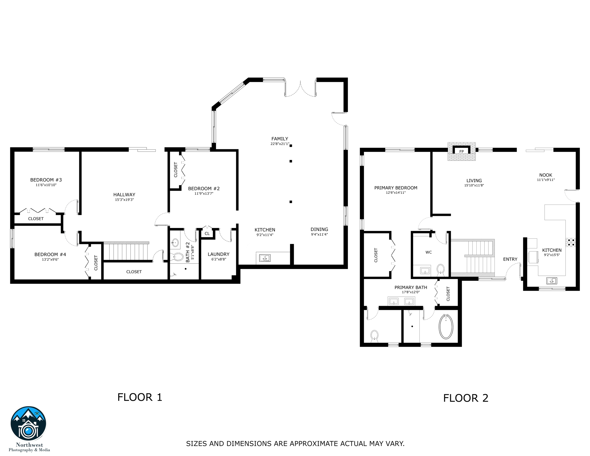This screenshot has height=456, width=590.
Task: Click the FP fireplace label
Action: click(461, 151)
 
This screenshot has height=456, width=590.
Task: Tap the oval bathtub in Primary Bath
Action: click(446, 327)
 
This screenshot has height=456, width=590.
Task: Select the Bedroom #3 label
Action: click(46, 180)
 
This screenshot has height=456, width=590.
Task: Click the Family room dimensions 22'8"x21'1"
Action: click(280, 144)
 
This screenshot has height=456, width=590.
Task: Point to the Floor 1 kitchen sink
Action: click(265, 258)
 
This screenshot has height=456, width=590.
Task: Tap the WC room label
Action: click(429, 252)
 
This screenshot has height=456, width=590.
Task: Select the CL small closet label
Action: click(207, 234)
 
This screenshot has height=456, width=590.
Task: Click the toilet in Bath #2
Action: click(178, 257)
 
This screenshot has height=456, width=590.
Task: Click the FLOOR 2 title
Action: click(466, 398)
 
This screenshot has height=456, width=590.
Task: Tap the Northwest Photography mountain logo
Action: click(28, 424)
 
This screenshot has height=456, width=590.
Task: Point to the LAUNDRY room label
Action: click(218, 254)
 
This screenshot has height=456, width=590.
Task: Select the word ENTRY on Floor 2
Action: click(510, 259)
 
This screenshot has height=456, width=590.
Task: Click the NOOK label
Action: click(545, 175)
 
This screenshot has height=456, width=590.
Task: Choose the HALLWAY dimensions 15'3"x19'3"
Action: click(124, 200)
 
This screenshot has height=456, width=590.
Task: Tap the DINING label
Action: click(319, 229)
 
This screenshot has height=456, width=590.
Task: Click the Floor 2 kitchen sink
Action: click(552, 281)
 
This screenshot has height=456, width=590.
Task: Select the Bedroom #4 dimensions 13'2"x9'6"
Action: click(50, 259)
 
